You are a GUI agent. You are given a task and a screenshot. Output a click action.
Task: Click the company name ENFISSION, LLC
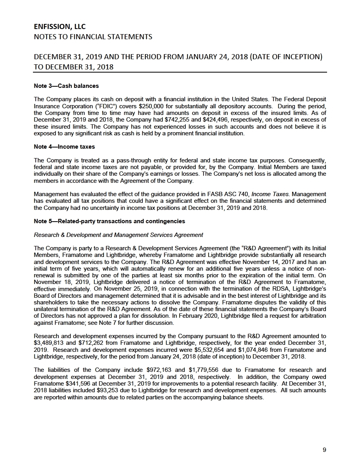click(60, 27)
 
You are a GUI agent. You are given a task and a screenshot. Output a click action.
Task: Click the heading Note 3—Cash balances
click(66, 86)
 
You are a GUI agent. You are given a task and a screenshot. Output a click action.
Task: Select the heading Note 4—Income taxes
click(64, 147)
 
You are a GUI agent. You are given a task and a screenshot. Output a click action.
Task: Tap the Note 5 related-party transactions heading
click(109, 221)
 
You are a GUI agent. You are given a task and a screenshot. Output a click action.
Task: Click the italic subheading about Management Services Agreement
click(118, 235)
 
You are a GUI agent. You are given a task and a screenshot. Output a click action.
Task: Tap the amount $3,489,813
click(50, 342)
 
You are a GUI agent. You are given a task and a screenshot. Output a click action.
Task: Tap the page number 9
click(324, 450)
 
